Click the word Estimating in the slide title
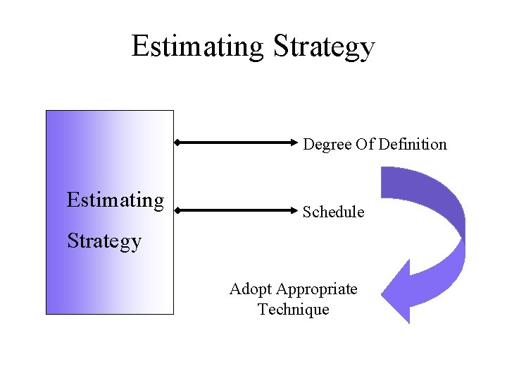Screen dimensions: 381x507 click(x=197, y=47)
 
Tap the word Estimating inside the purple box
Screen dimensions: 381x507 click(x=115, y=201)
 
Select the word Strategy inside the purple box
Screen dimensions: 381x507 click(x=104, y=242)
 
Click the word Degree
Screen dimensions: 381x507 click(x=327, y=145)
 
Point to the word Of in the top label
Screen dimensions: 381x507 click(x=365, y=144)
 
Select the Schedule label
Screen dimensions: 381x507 click(x=333, y=212)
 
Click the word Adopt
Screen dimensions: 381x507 click(x=250, y=289)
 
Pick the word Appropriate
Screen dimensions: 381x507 click(x=317, y=290)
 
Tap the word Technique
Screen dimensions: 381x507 click(x=293, y=309)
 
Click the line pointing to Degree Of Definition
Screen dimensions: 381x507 click(x=238, y=143)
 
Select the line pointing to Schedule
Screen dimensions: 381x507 click(x=238, y=210)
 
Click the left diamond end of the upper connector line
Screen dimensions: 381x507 click(x=177, y=143)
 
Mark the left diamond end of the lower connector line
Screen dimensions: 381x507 click(x=177, y=210)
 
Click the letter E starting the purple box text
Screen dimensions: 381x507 click(x=73, y=200)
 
